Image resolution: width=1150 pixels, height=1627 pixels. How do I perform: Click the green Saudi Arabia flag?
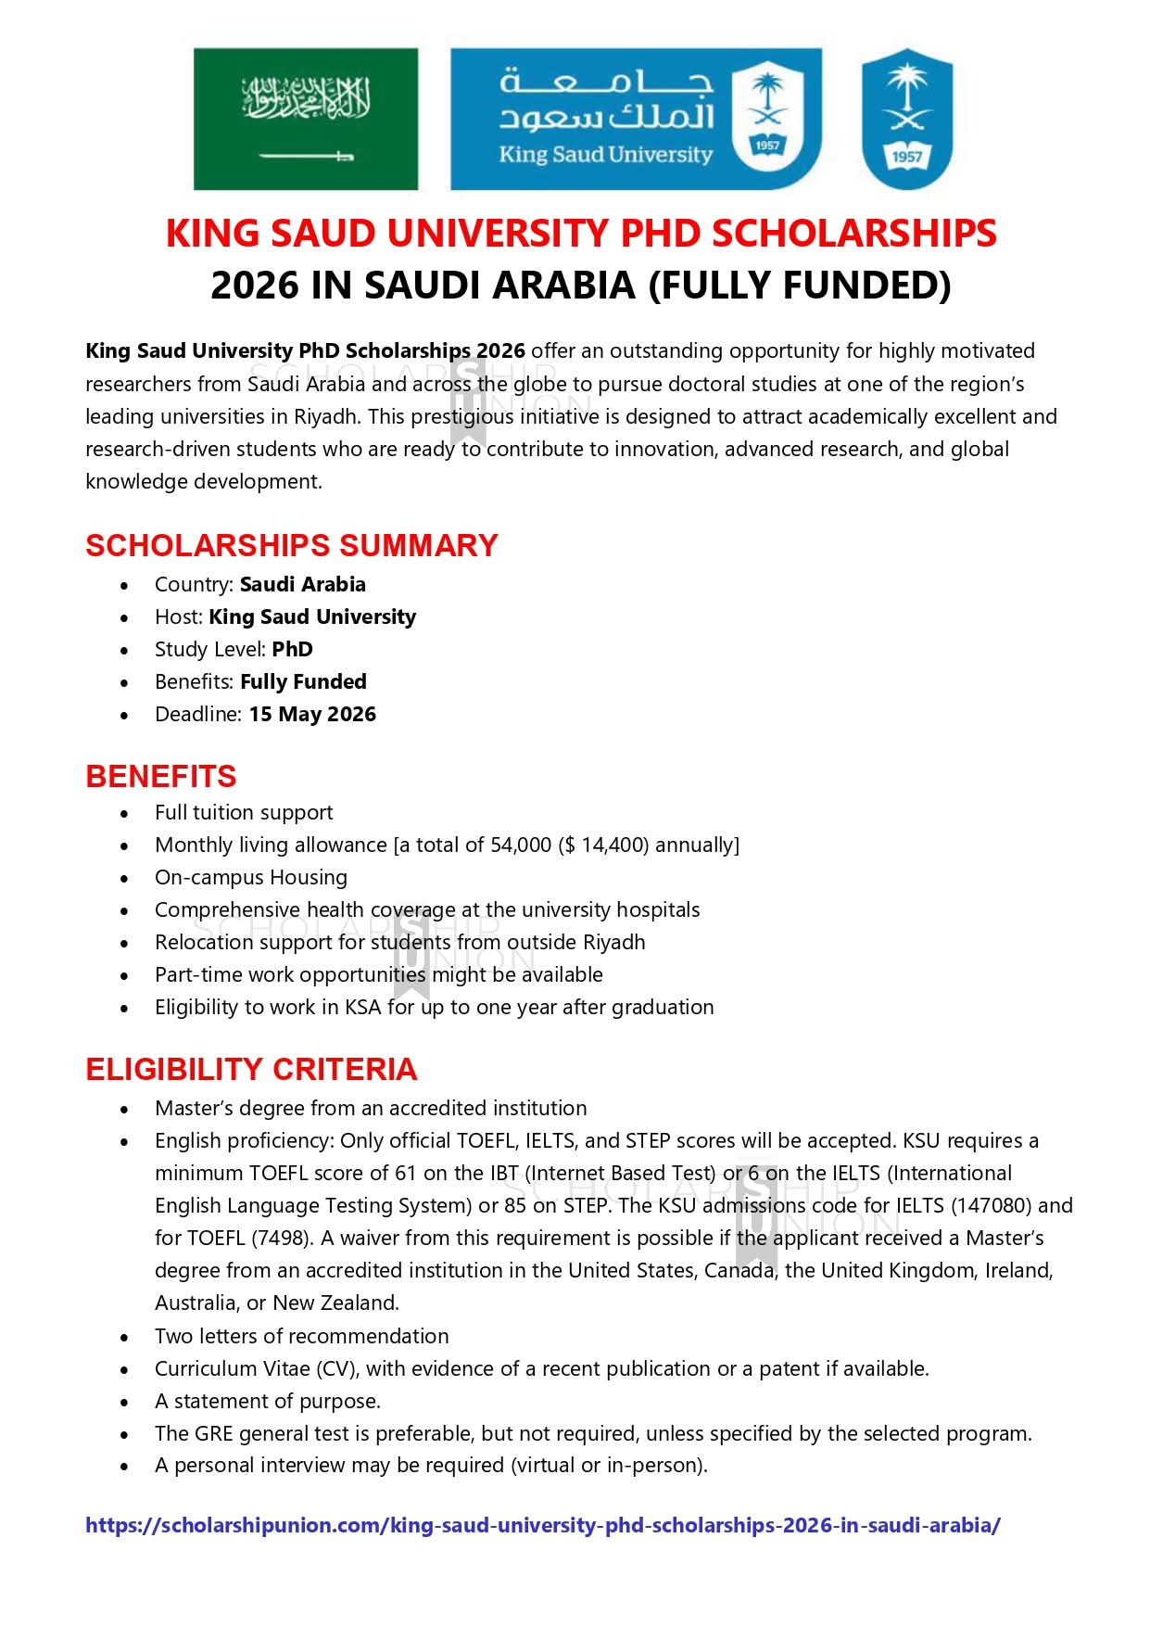tap(305, 119)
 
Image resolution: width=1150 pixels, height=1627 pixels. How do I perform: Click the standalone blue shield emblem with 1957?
tap(906, 119)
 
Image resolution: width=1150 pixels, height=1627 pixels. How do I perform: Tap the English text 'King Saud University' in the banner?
tap(605, 154)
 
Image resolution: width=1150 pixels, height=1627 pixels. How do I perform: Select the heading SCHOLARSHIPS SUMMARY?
tap(292, 545)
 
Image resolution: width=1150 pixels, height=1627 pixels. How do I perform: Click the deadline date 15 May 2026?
tap(312, 714)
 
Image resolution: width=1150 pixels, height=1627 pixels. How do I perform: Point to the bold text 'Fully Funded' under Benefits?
tap(303, 681)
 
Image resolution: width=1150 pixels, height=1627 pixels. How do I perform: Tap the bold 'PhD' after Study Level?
tap(292, 649)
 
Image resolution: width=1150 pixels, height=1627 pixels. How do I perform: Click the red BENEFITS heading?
tap(161, 776)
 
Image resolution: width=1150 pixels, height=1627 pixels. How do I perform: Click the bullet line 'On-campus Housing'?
tap(251, 877)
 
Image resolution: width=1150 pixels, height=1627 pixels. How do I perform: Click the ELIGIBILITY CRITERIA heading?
tap(251, 1069)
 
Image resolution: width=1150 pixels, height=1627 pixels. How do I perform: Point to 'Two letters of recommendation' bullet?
tap(301, 1336)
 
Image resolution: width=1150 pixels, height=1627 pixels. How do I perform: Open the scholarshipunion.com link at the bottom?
tap(542, 1525)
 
